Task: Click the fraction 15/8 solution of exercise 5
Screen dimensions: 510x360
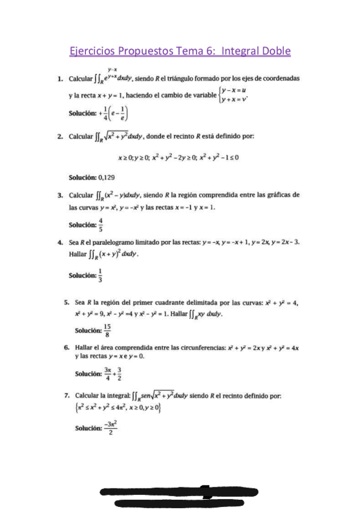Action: [107, 330]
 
